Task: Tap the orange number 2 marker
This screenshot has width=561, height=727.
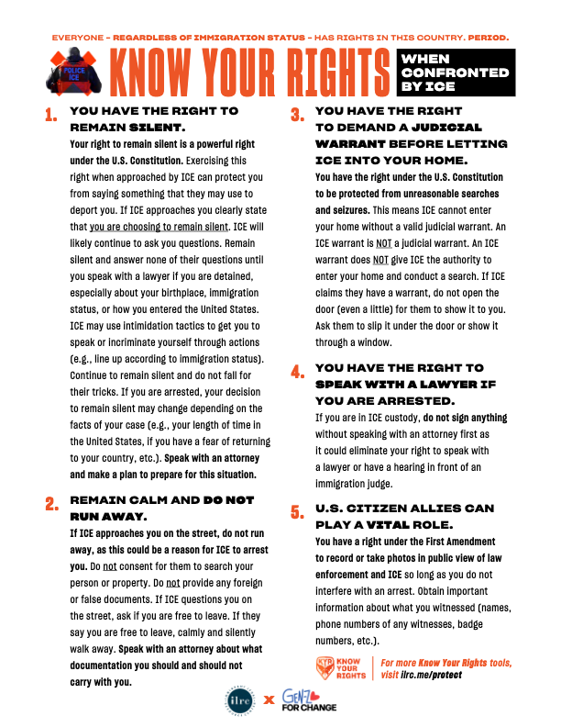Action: (51, 504)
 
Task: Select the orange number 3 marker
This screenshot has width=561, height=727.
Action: (297, 117)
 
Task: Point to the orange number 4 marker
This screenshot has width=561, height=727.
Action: (297, 374)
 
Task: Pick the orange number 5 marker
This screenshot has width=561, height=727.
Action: (297, 513)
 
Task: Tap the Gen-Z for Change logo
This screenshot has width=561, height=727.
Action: (309, 700)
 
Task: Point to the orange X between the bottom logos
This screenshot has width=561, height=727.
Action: (269, 700)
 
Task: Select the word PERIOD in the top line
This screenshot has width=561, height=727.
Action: (489, 39)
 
